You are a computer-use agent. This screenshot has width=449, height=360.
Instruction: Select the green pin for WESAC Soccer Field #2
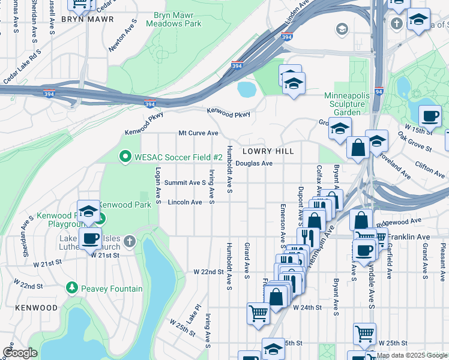coord(125,157)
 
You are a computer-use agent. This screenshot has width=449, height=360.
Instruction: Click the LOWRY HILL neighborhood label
coord(268,151)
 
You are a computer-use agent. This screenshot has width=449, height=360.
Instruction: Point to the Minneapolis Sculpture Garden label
coord(344,104)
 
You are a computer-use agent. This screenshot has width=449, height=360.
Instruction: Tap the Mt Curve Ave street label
coord(197,133)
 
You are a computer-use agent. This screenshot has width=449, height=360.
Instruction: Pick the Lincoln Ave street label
coord(184,202)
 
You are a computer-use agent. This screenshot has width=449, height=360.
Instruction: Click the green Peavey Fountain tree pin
coord(72,288)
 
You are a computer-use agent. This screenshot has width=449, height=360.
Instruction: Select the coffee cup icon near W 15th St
coord(429,116)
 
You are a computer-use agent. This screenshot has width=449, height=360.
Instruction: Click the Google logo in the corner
coord(20,353)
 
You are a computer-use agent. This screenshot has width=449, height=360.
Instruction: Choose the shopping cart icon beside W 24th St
coord(258,313)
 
